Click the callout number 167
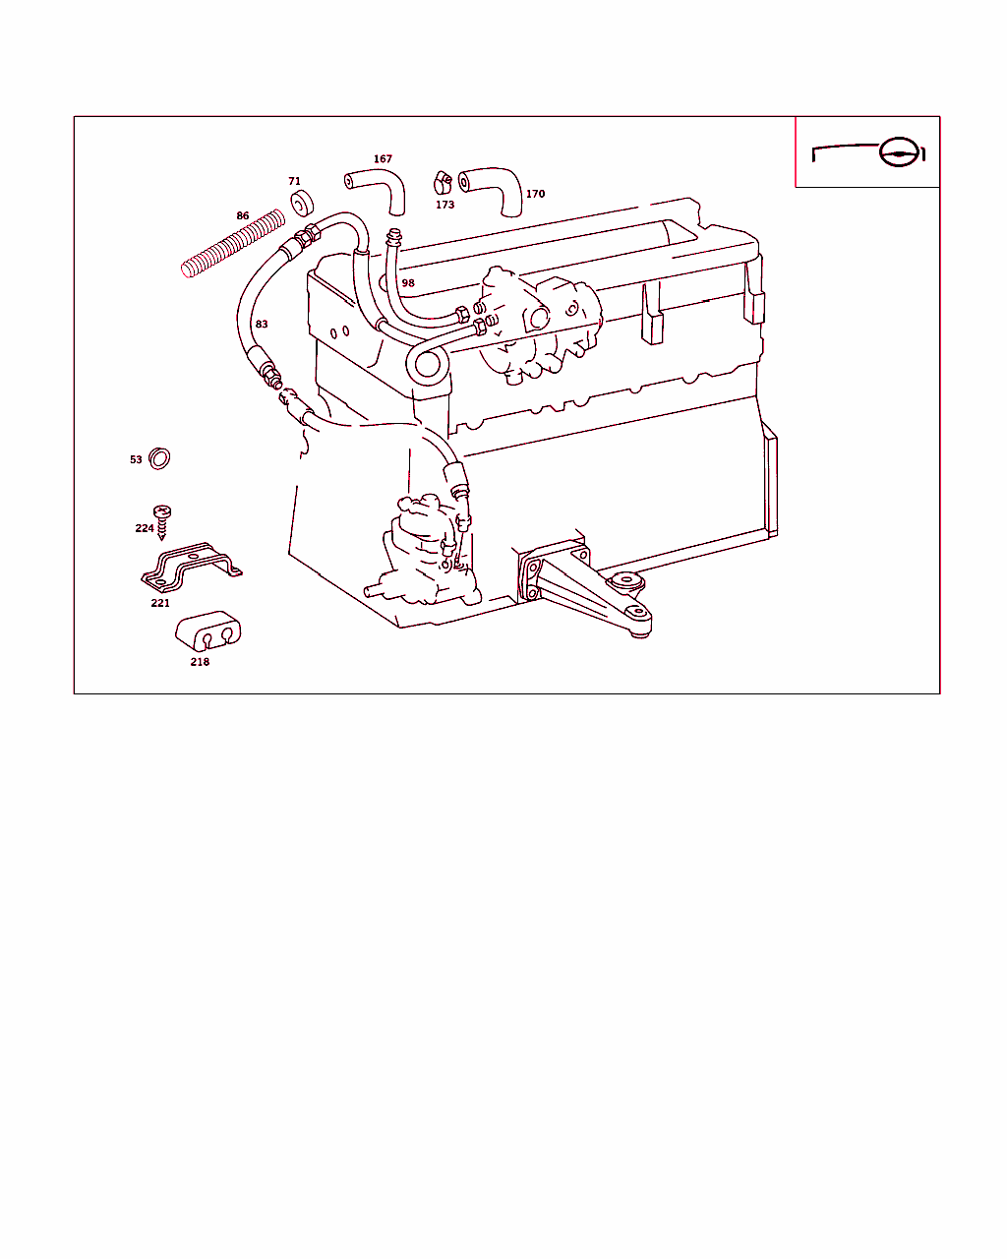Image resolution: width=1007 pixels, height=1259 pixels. coord(383,159)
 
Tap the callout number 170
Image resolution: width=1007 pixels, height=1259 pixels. coord(535,194)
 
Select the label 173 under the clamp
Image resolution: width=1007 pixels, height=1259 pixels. coord(444,205)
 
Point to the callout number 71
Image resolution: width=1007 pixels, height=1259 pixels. coord(294,181)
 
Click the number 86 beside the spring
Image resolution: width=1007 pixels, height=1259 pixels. coord(243,215)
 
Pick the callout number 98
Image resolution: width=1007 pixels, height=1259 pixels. coord(408,283)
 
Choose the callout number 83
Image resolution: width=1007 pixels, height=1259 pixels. coord(262,325)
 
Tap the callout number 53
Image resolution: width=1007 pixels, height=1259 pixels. coord(136,460)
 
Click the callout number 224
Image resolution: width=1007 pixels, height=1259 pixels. coord(145,528)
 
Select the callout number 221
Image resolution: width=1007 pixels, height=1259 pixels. coord(160,603)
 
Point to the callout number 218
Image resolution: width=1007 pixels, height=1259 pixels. coord(200,662)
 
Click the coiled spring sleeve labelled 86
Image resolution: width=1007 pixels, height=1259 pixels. coord(233,243)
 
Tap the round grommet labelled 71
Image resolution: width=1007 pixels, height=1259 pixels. coord(302,203)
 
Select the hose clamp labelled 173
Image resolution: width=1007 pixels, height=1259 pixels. coord(443,183)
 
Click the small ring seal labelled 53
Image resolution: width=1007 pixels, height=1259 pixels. coord(159,458)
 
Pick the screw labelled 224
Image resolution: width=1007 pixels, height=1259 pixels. coord(162,522)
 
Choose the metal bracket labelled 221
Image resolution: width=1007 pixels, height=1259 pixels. coord(192,568)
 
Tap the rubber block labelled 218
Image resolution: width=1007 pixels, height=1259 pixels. coord(208,631)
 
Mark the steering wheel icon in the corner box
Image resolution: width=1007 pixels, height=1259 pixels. coord(901,152)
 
